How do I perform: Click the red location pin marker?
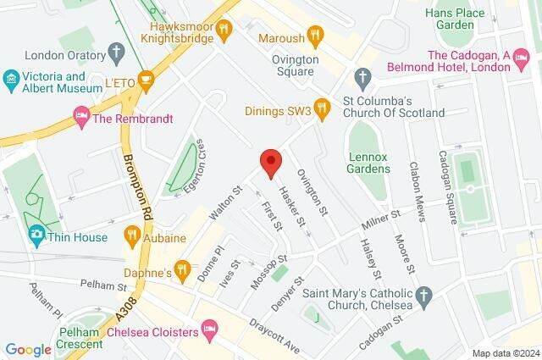click(270, 162)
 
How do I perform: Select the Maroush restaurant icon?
click(315, 35)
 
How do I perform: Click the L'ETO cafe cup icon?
click(146, 81)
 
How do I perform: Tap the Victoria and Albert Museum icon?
click(11, 80)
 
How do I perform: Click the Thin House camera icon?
click(36, 235)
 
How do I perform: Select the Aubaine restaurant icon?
click(131, 234)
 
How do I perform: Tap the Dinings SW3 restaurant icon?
click(320, 108)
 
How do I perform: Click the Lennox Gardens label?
click(369, 162)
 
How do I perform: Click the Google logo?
click(28, 349)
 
